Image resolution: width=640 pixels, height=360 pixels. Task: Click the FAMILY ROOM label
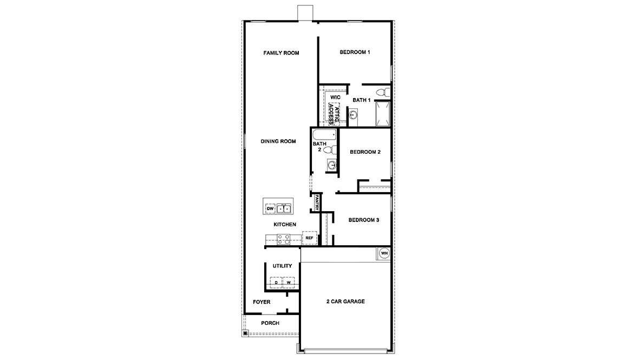click(x=281, y=53)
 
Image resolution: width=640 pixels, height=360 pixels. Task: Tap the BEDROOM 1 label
click(x=355, y=53)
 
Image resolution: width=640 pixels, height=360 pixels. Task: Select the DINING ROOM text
click(x=278, y=142)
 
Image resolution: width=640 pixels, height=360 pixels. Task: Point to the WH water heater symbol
click(x=384, y=253)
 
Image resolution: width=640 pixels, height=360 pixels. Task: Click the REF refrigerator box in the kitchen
click(x=309, y=238)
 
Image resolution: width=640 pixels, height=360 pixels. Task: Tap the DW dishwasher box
click(x=270, y=209)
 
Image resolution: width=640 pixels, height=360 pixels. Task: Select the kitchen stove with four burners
click(x=284, y=239)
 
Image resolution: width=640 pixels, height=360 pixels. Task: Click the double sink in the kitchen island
click(x=284, y=208)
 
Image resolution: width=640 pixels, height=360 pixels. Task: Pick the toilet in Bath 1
click(x=383, y=92)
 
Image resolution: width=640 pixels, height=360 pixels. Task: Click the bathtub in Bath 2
click(x=324, y=135)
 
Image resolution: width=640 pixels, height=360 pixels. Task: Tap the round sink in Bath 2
click(x=332, y=165)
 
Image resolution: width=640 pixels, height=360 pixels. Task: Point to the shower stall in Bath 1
click(x=383, y=114)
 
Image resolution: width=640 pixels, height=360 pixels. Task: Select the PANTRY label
click(x=316, y=203)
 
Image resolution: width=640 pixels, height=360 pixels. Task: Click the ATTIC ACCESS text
click(x=334, y=114)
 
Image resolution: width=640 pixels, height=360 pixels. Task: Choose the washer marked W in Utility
click(x=289, y=283)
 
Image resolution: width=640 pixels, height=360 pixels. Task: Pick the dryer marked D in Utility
click(x=276, y=283)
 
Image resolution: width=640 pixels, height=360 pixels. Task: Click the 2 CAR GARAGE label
click(x=345, y=302)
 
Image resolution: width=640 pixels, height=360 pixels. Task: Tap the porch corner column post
click(x=245, y=333)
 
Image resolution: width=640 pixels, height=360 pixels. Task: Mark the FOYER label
click(x=262, y=302)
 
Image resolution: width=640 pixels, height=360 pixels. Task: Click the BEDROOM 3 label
click(x=364, y=220)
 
